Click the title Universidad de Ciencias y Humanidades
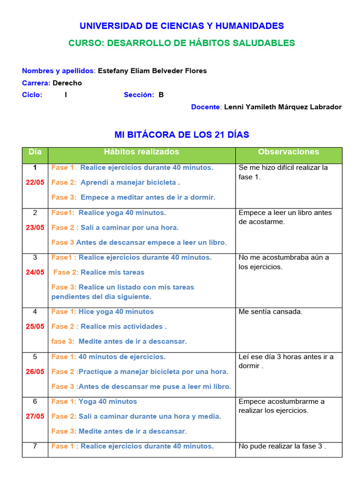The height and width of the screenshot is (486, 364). pos(182,26)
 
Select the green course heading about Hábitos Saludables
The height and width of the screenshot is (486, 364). pos(182,43)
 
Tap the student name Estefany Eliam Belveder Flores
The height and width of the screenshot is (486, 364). pos(152,71)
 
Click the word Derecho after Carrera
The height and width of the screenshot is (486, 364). pos(67,83)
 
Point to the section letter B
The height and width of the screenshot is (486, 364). pos(161,94)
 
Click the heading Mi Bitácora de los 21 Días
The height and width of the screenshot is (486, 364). pos(182,135)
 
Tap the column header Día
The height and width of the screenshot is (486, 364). pos(35,152)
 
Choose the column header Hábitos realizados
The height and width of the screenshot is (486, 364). pos(142,152)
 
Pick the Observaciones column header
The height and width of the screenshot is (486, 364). pos(288,152)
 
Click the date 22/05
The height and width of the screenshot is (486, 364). pos(35,182)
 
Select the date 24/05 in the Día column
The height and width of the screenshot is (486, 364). pos(35,272)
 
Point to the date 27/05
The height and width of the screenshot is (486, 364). pos(35,416)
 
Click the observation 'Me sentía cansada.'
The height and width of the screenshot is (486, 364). pos(270,312)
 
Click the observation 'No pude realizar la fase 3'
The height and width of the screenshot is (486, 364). pos(282,446)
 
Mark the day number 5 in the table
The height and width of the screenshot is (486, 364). pos(35,356)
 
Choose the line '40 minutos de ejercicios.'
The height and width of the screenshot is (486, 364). pos(122,357)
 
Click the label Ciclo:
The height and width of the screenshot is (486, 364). pos(32,94)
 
